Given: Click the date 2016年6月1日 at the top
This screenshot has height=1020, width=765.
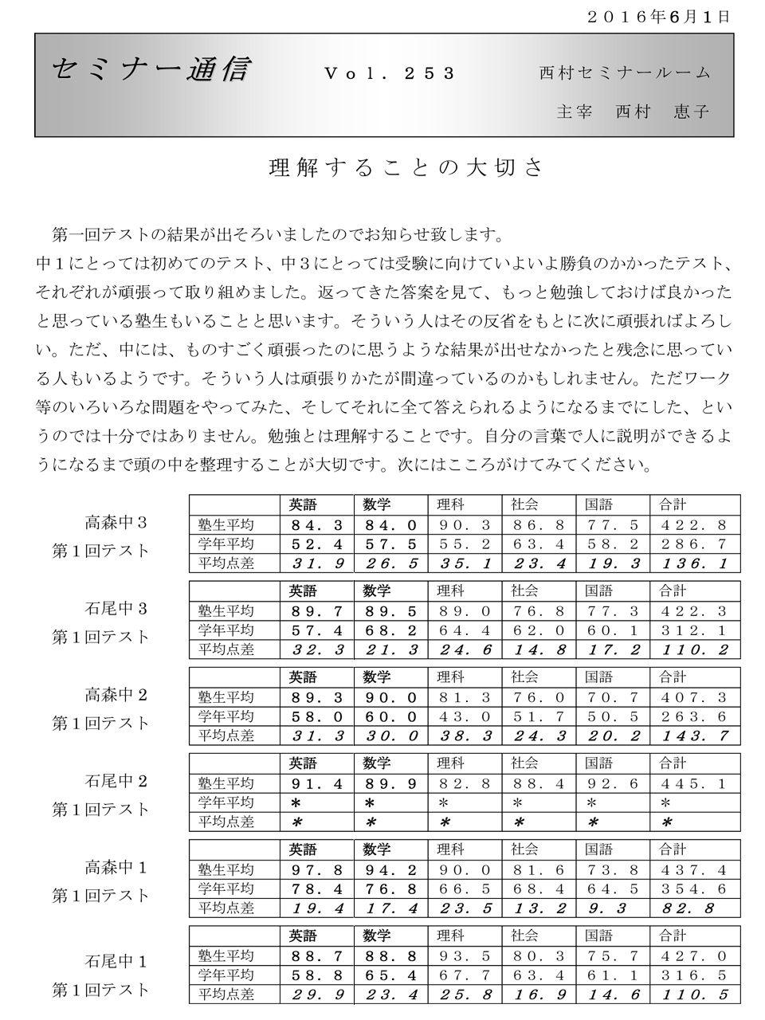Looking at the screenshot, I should (x=657, y=16).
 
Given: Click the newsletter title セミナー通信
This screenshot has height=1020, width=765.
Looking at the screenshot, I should (x=150, y=72).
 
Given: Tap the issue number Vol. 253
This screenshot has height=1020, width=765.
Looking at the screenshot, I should (x=390, y=73).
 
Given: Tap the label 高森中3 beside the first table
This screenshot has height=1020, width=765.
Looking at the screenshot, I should (x=116, y=524).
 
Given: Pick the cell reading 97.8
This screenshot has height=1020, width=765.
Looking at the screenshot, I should (x=317, y=869).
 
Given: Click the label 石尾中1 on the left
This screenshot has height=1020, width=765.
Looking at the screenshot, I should (x=116, y=961).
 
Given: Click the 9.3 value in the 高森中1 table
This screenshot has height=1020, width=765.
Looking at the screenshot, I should (x=609, y=908).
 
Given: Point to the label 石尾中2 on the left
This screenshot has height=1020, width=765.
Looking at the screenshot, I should (x=116, y=781).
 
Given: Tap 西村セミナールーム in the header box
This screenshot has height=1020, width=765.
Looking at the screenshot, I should (x=624, y=73).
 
